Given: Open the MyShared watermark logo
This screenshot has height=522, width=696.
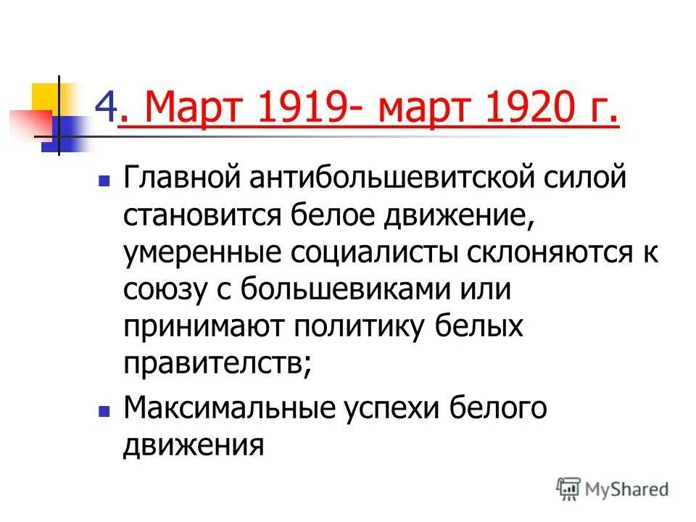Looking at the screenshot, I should pos(613,488).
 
